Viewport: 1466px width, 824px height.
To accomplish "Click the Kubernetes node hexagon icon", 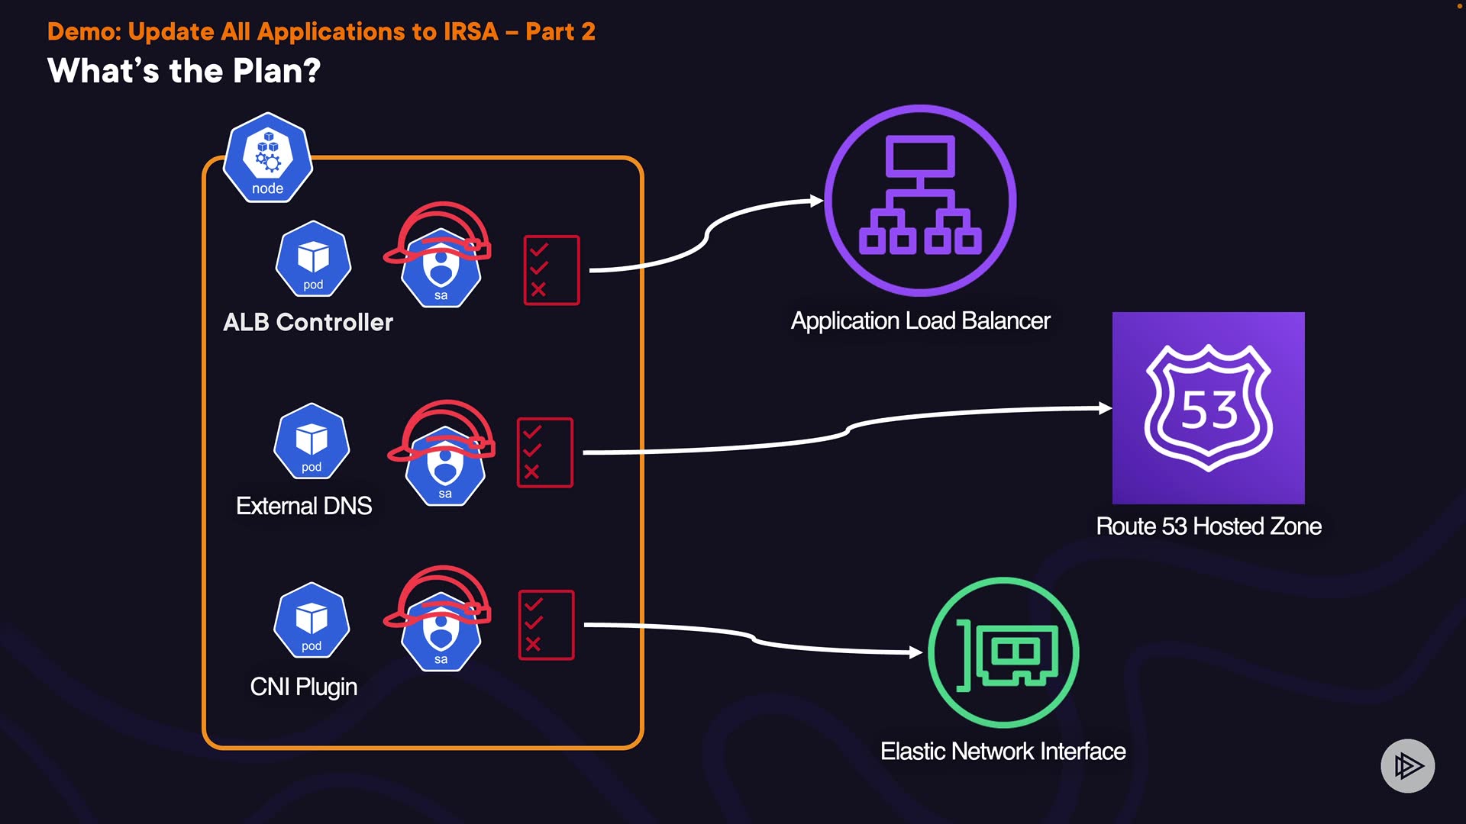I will click(267, 158).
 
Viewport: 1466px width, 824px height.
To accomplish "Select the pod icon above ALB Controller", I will click(313, 259).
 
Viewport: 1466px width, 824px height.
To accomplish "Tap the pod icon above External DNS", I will click(312, 441).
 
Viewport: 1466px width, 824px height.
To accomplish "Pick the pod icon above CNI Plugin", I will click(312, 620).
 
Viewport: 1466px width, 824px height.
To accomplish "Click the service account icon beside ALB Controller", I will click(441, 267).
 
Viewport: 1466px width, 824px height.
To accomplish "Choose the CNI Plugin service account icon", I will click(441, 631).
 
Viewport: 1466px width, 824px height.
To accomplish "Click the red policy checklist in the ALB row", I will click(551, 270).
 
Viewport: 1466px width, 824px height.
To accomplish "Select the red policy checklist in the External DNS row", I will click(544, 452).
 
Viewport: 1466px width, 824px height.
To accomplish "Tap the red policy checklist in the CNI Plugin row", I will click(546, 625).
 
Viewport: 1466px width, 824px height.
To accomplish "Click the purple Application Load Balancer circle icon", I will click(920, 200).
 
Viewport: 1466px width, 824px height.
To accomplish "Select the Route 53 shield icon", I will click(1208, 408).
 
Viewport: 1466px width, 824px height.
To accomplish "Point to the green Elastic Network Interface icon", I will click(1003, 652).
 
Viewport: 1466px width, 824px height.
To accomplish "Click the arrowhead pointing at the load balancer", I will click(817, 201).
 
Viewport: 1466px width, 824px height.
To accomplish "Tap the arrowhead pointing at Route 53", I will click(1105, 408).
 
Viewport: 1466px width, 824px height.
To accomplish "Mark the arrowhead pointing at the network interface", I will click(916, 652).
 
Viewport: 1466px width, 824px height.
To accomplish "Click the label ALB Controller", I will click(308, 322).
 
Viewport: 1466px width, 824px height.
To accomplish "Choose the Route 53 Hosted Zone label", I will click(1208, 526).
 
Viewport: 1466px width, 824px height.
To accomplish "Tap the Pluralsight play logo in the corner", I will click(1407, 765).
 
